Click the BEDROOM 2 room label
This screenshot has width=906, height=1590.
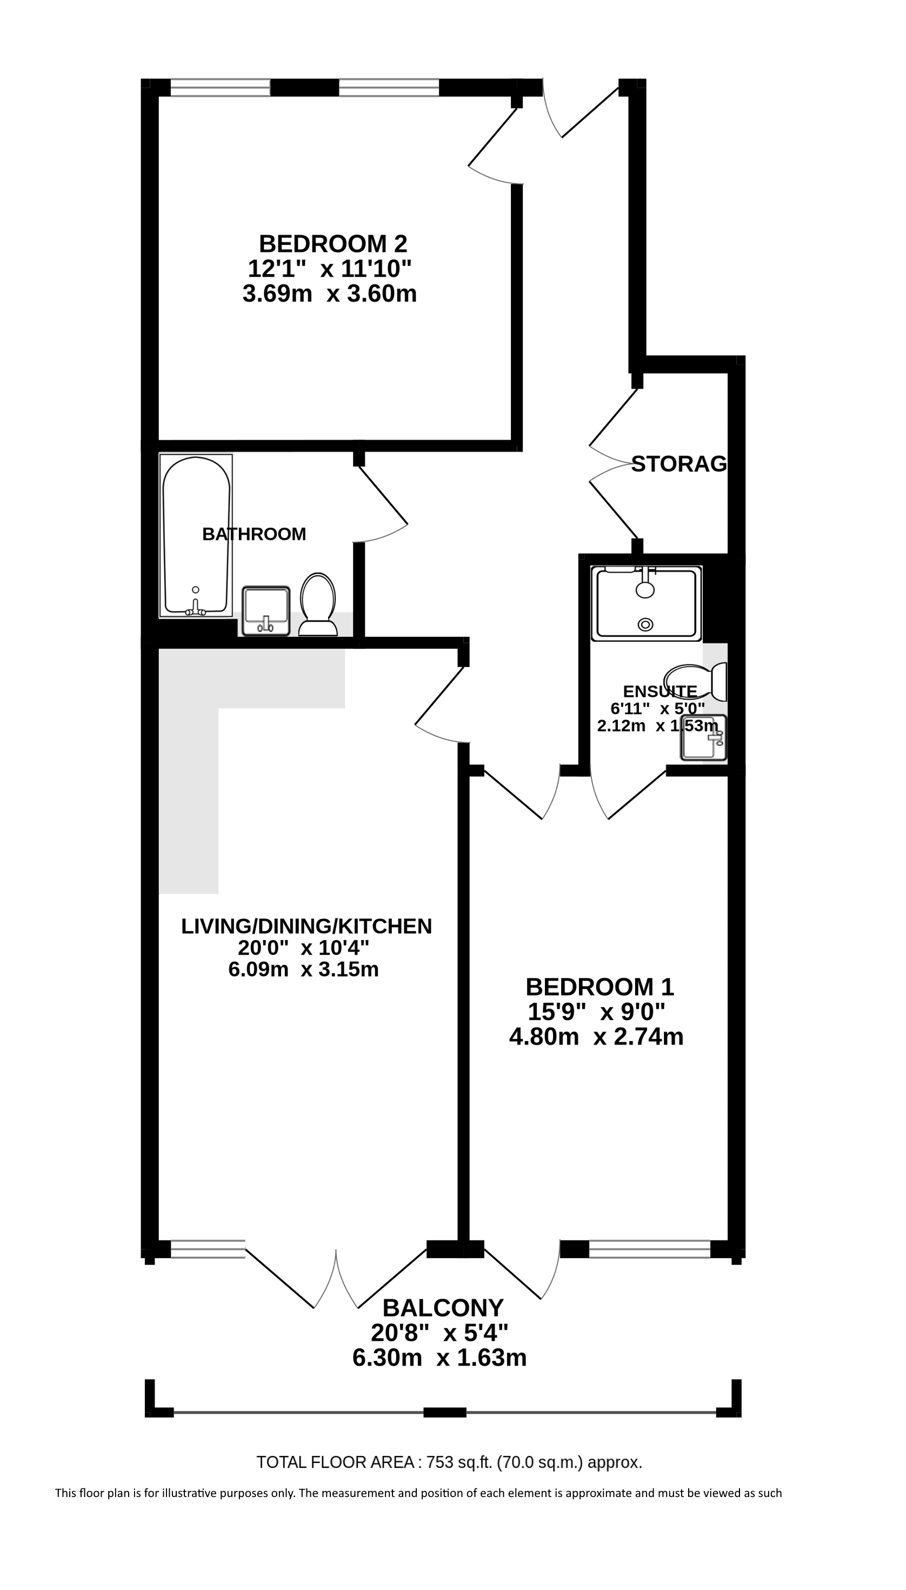(333, 243)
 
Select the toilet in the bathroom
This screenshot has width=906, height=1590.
(318, 604)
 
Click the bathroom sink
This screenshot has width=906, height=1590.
(266, 610)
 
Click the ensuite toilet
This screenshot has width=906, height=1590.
(696, 682)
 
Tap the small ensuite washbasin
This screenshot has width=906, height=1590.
(704, 738)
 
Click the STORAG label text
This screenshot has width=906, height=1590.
(679, 464)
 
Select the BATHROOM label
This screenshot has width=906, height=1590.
(254, 534)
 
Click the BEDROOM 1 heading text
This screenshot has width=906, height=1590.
(600, 987)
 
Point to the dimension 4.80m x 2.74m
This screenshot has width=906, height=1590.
(596, 1037)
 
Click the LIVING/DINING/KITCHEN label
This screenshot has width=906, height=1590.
(306, 926)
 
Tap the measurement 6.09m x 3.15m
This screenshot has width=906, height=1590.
(304, 969)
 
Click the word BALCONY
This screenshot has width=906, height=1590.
(442, 1308)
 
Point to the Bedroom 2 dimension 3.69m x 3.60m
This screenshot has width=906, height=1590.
(330, 293)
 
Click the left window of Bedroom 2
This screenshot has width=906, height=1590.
(221, 87)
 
